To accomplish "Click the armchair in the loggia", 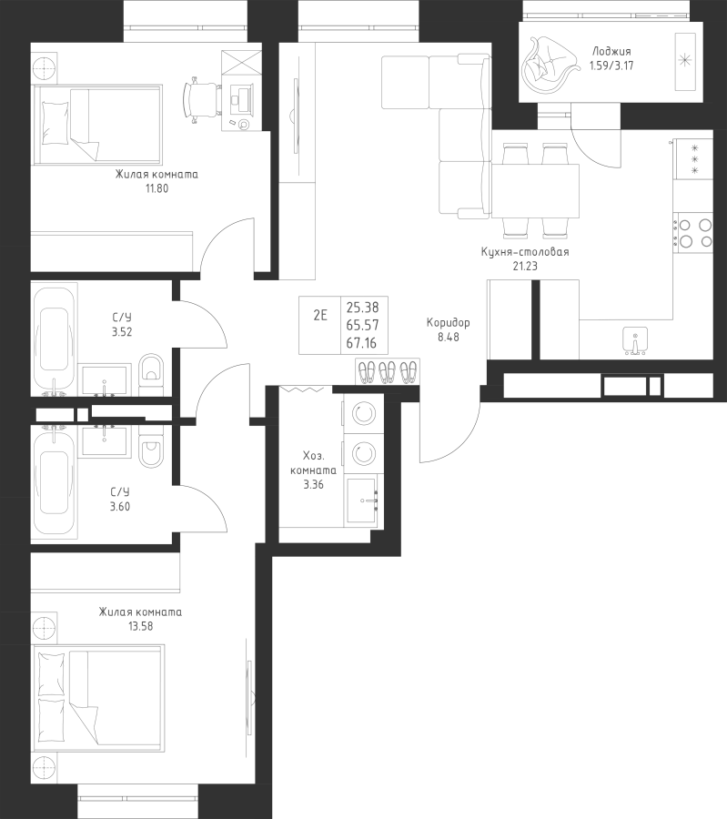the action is click(549, 66).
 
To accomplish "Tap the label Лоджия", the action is click(611, 51).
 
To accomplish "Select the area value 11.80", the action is click(157, 188).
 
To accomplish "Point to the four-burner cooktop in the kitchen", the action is click(693, 233).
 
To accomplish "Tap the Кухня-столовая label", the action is click(525, 252).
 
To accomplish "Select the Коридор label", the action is click(448, 323).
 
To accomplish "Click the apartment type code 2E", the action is click(320, 315).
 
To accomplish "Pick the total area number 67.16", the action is click(362, 343).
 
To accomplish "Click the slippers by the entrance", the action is click(387, 371).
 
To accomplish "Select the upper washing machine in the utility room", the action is click(363, 414).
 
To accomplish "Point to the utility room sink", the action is click(362, 501).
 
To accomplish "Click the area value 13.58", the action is click(140, 626).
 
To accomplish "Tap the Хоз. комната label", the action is click(313, 463).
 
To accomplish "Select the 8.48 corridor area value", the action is click(448, 337).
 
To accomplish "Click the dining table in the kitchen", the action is click(535, 190).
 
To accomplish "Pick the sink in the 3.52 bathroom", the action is click(105, 380).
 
